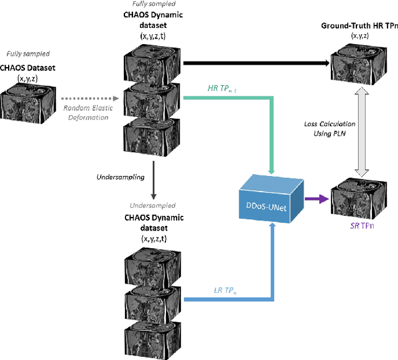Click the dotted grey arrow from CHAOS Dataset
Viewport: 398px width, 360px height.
[85, 98]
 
